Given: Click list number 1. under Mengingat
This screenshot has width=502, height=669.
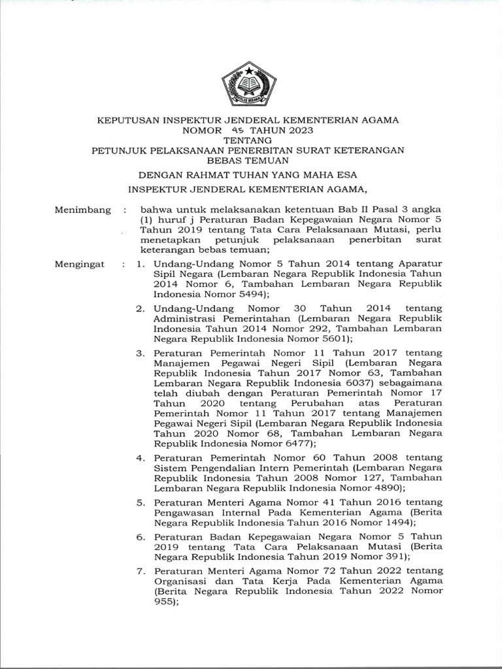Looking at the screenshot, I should tap(139, 265).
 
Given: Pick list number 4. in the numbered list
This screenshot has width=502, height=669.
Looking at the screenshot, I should tap(139, 457).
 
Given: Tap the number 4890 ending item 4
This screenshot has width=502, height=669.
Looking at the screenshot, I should tap(386, 487).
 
